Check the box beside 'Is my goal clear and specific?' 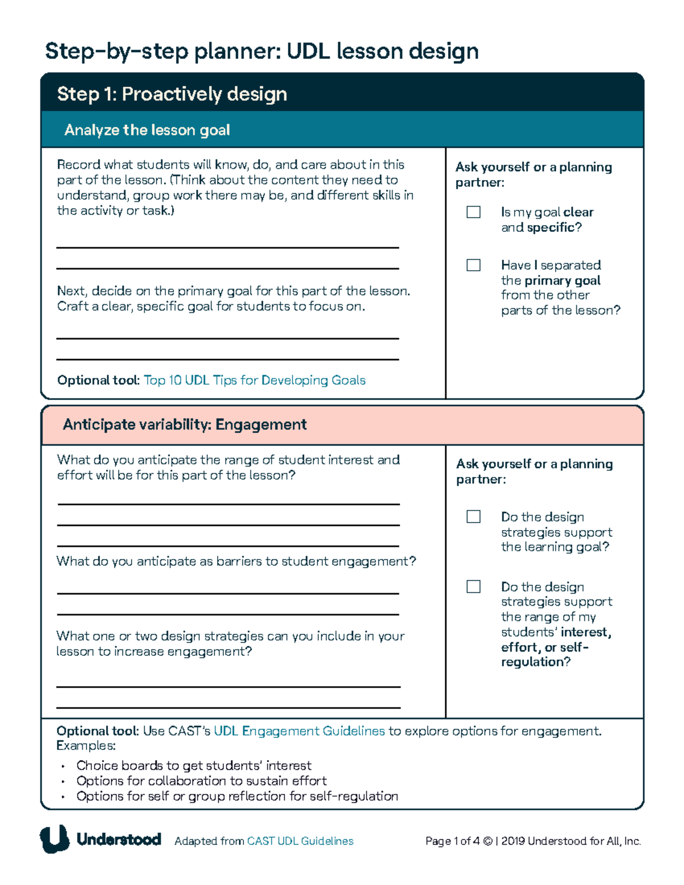(x=473, y=212)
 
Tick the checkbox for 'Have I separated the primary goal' (x=473, y=265)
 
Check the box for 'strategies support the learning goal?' (x=473, y=516)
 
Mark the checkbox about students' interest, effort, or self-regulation (x=473, y=586)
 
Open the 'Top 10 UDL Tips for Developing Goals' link (x=254, y=380)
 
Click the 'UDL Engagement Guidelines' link (x=299, y=731)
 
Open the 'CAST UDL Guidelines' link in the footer (x=300, y=841)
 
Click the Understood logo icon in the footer (x=54, y=839)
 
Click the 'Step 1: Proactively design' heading (x=172, y=94)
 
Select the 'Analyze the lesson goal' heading (x=147, y=130)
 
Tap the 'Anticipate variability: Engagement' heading (x=185, y=425)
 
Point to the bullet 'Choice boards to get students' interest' (x=194, y=765)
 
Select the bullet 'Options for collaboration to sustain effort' (x=201, y=781)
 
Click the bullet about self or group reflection (x=237, y=796)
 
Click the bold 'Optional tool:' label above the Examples (x=97, y=731)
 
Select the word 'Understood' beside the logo (x=119, y=839)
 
